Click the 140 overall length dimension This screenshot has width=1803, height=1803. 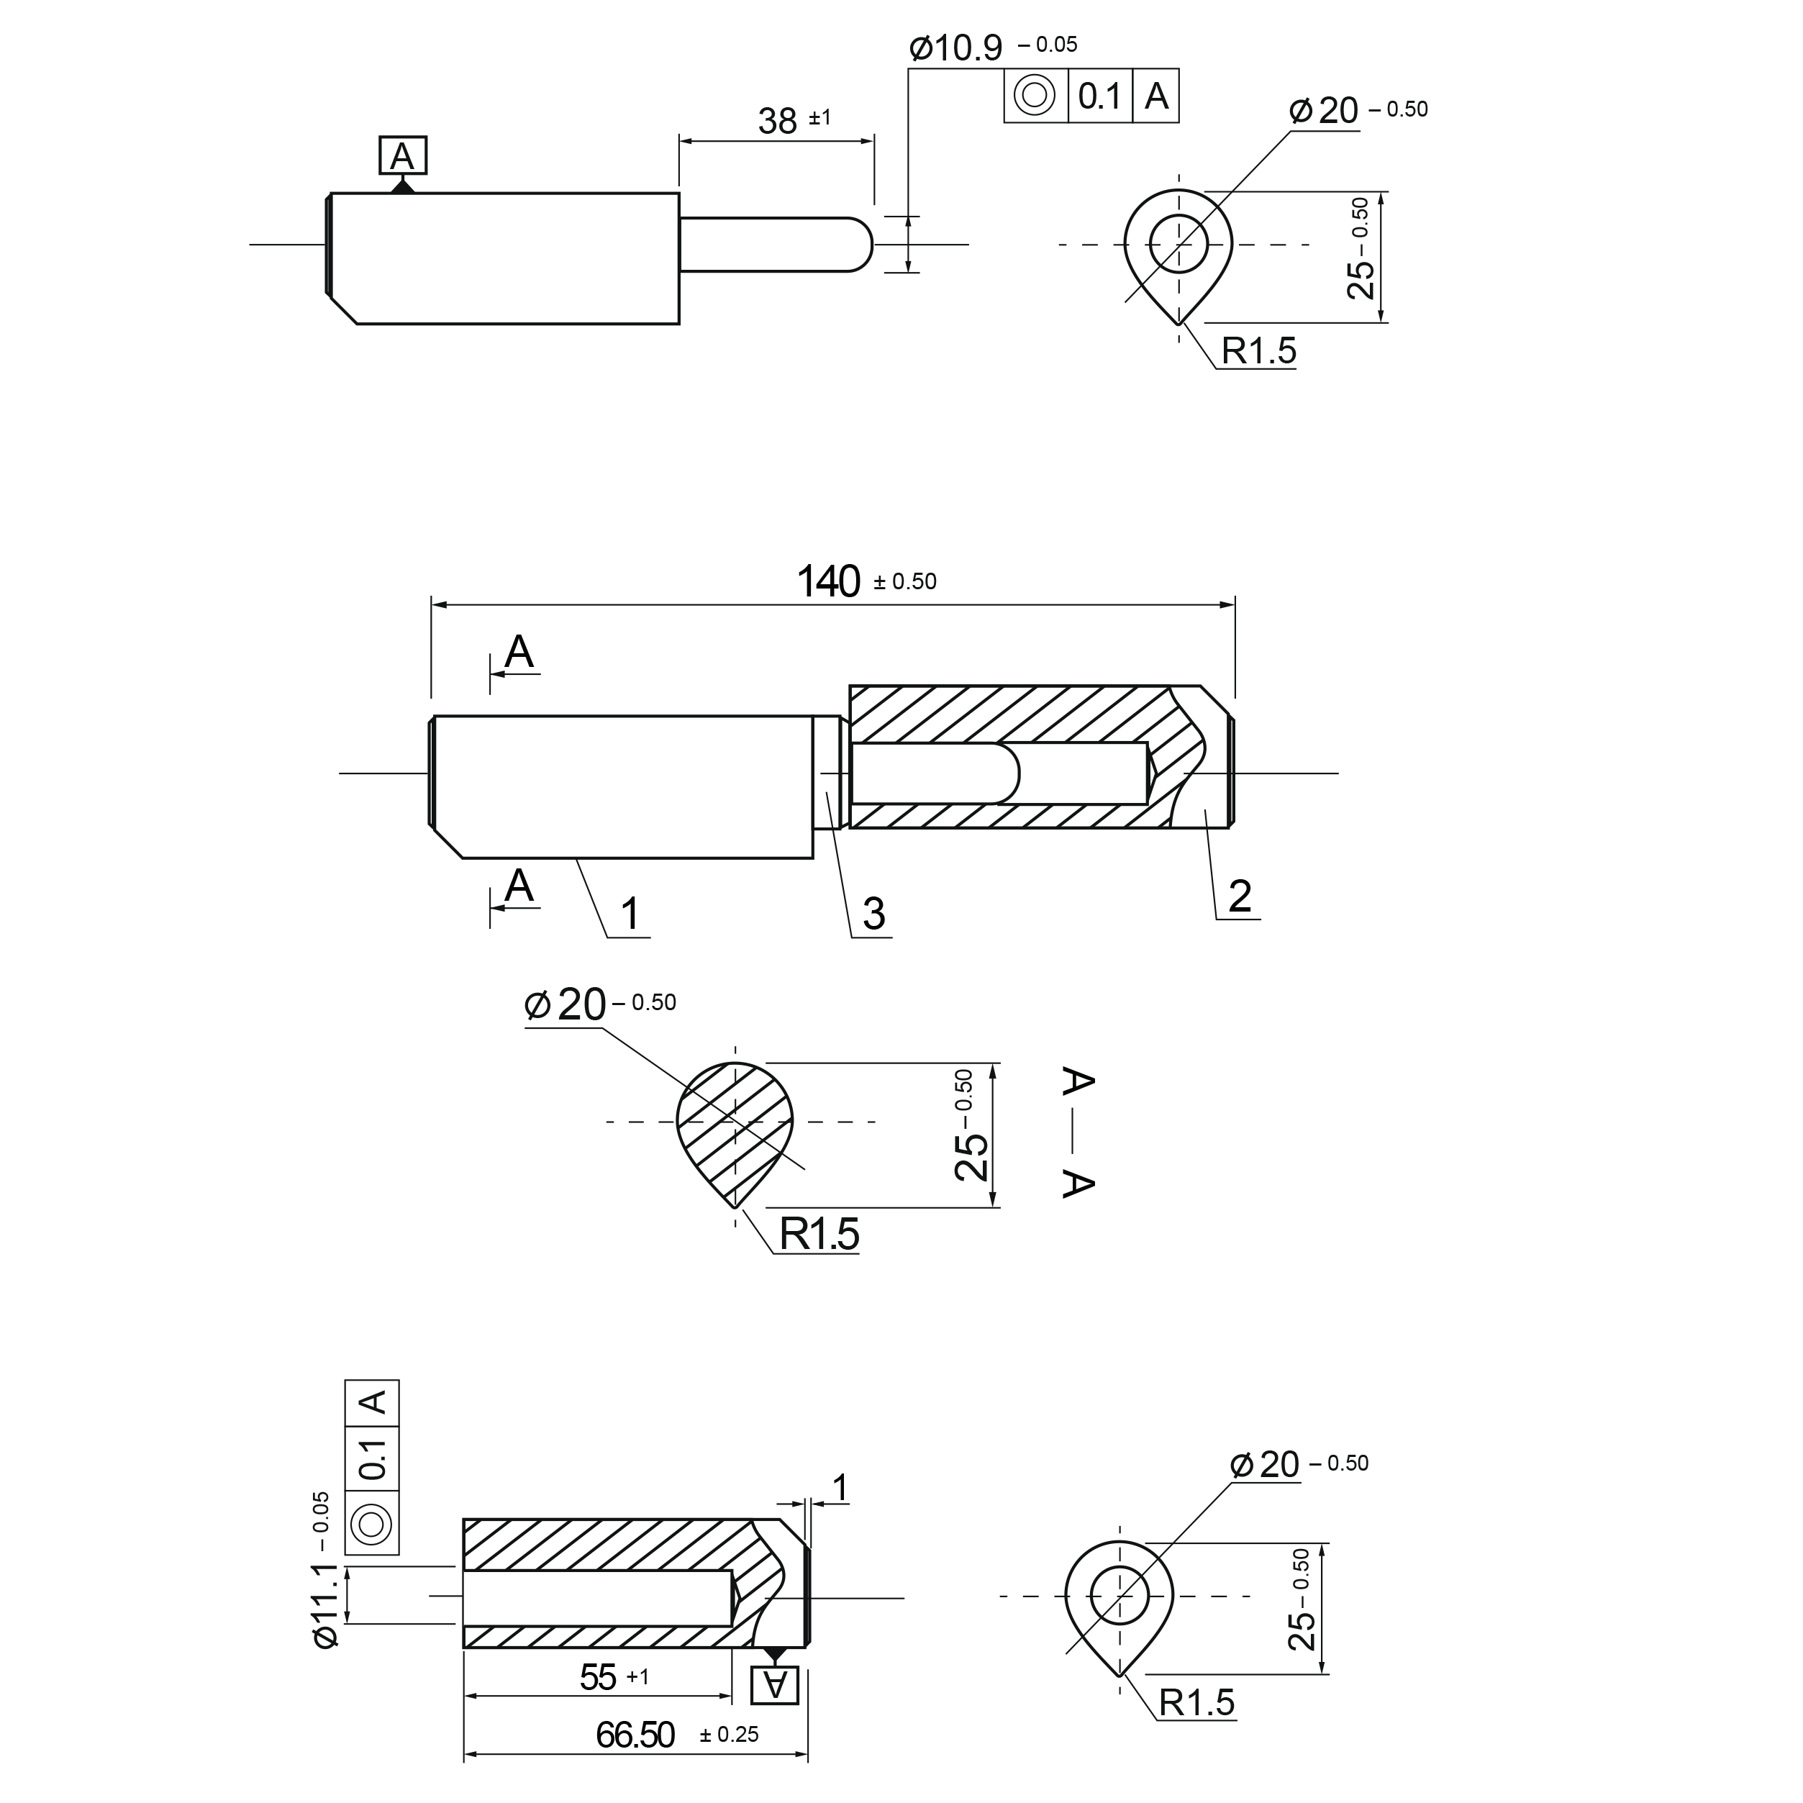click(x=829, y=581)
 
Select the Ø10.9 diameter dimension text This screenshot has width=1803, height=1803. click(x=957, y=47)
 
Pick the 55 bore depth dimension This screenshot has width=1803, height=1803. click(x=598, y=1677)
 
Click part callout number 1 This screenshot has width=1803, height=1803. click(x=630, y=914)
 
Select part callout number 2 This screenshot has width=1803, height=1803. click(x=1240, y=896)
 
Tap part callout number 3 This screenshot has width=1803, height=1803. click(x=873, y=914)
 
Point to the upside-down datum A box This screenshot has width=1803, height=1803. click(x=775, y=1684)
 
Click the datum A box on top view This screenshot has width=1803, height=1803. click(x=402, y=156)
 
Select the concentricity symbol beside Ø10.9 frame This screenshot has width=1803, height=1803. click(x=1034, y=95)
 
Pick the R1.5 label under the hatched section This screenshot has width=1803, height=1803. click(x=819, y=1234)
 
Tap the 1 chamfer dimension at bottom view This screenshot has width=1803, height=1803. click(x=840, y=1488)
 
